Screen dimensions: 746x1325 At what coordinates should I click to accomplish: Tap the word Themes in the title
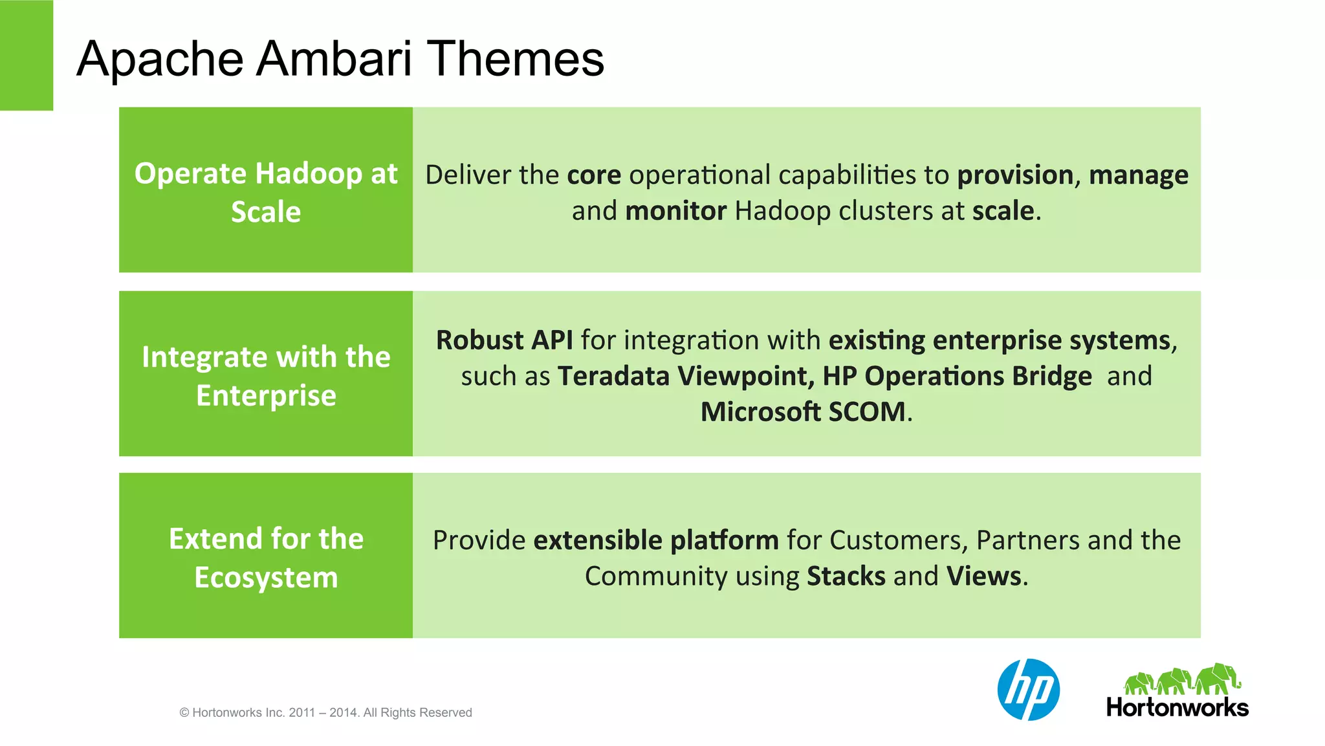click(516, 59)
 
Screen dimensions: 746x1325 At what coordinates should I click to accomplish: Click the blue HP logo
click(1028, 690)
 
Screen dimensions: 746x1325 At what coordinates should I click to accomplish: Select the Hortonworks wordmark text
click(1177, 707)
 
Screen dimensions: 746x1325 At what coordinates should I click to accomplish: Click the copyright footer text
click(325, 712)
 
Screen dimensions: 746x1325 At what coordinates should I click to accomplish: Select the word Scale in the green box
click(266, 212)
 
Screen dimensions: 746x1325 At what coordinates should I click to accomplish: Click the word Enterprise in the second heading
click(266, 395)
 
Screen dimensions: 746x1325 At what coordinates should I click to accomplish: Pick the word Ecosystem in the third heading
click(266, 577)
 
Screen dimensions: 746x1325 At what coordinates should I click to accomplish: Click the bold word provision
click(1014, 175)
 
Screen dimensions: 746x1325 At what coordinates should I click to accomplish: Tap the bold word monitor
click(675, 212)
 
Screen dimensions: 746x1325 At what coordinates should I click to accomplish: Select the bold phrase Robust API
click(504, 340)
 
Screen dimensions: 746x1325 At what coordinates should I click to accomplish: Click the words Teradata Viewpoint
click(685, 377)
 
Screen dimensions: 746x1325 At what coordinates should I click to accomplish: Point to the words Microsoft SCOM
click(803, 412)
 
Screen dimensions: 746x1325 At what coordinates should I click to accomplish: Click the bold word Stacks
click(846, 576)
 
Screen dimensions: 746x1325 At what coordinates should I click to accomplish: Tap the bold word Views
click(984, 576)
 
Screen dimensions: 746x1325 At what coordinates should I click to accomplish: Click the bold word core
click(594, 175)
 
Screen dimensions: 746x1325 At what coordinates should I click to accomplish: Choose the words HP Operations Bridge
click(957, 377)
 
